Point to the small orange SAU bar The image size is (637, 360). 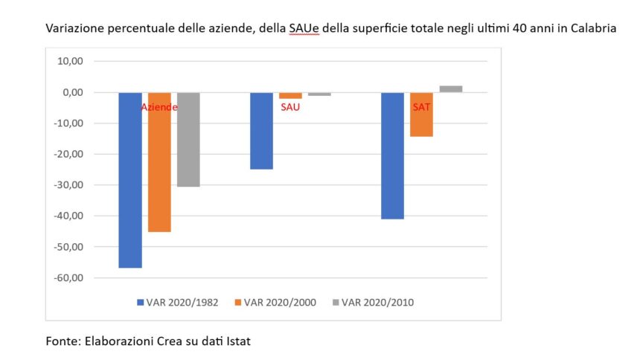290,95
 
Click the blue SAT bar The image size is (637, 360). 392,155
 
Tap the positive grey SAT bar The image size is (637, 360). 450,89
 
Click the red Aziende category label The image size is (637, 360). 159,107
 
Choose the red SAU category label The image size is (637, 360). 290,107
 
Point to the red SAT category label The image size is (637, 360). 421,107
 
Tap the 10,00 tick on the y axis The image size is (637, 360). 69,61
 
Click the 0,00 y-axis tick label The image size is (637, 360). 71,92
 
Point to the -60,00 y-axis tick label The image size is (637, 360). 68,277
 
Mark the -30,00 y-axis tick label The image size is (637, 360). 68,185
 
